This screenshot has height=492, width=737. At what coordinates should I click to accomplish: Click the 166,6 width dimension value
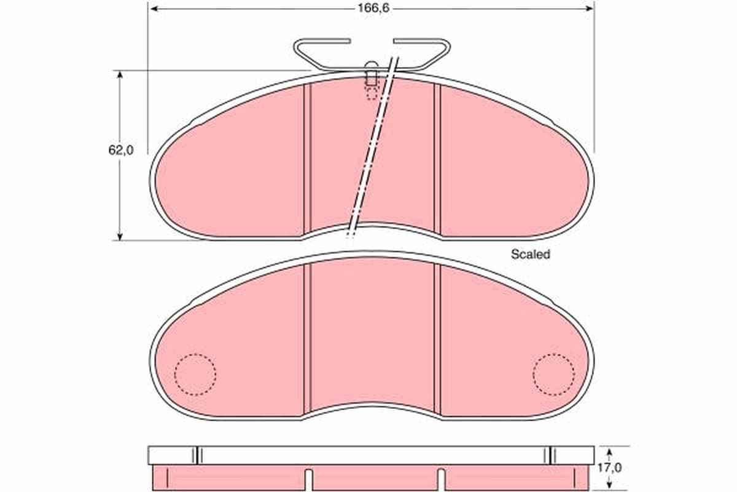tap(373, 8)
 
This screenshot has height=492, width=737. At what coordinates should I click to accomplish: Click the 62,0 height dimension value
tap(121, 150)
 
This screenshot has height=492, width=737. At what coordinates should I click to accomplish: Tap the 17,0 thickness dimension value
tap(610, 467)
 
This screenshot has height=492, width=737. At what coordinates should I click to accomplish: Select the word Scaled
tap(531, 254)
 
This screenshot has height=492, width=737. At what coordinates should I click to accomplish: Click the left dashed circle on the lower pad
tap(195, 375)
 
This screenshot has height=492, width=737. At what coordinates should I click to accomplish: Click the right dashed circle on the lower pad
tap(554, 375)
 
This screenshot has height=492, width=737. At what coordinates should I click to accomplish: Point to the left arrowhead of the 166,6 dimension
tap(155, 9)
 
